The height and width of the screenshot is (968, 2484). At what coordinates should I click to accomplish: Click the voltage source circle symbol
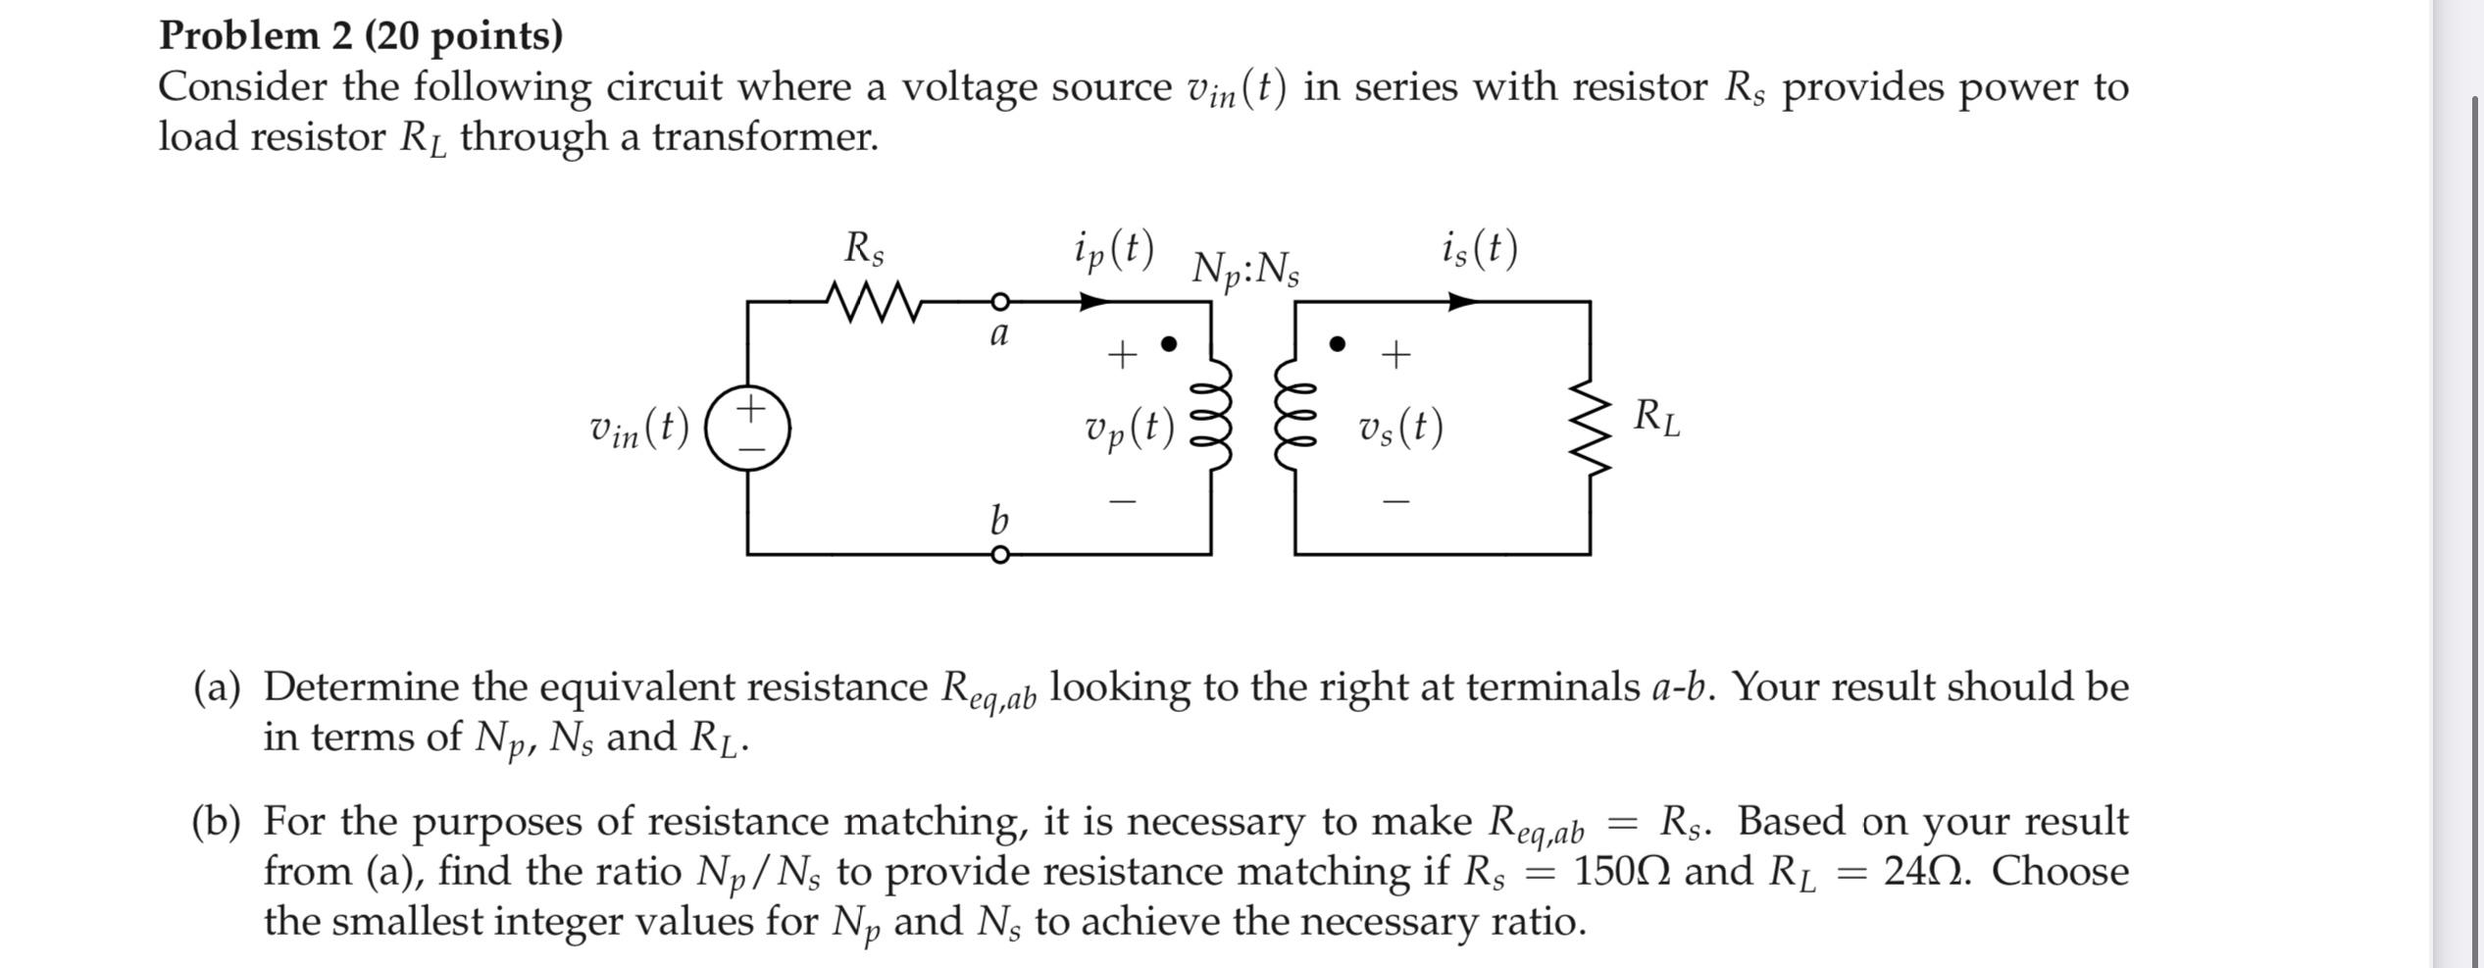click(x=748, y=428)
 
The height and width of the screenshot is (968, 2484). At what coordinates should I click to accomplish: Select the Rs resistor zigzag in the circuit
click(x=873, y=302)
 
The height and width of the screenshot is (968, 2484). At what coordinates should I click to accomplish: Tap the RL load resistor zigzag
click(x=1591, y=428)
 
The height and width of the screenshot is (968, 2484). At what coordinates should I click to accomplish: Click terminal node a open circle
click(x=999, y=302)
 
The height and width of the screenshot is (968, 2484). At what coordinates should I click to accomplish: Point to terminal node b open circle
click(x=999, y=555)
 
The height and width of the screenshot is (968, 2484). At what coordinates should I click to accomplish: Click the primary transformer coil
click(x=1212, y=414)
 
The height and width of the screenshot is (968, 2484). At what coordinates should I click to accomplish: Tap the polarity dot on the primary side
click(x=1168, y=344)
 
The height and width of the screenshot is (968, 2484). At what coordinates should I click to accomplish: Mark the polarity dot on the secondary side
click(x=1337, y=344)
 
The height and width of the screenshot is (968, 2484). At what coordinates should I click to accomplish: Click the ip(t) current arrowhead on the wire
click(x=1091, y=302)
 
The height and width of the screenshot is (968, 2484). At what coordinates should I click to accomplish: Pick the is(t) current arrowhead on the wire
click(x=1461, y=302)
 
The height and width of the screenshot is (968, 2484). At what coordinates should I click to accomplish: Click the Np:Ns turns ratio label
click(x=1245, y=269)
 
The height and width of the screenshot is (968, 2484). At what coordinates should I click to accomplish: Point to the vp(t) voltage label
click(x=1129, y=428)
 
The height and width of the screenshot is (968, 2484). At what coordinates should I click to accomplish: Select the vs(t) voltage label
click(x=1400, y=428)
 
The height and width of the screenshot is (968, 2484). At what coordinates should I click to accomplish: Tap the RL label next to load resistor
click(x=1655, y=418)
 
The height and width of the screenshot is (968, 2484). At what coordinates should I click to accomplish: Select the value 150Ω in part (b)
click(x=1623, y=871)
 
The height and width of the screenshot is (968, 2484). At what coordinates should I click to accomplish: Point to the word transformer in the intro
click(x=765, y=137)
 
